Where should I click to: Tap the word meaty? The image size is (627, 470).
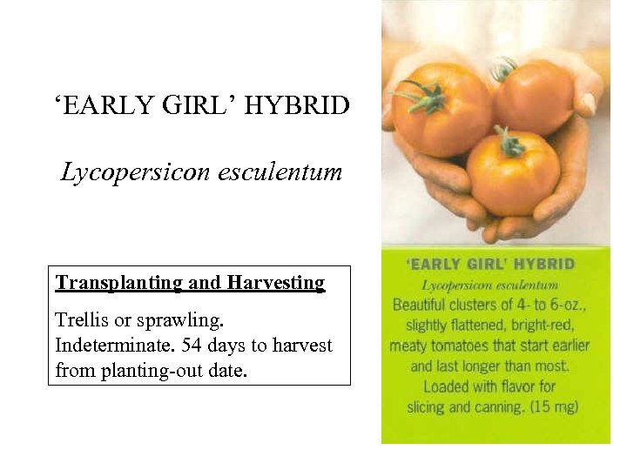(x=408, y=346)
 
